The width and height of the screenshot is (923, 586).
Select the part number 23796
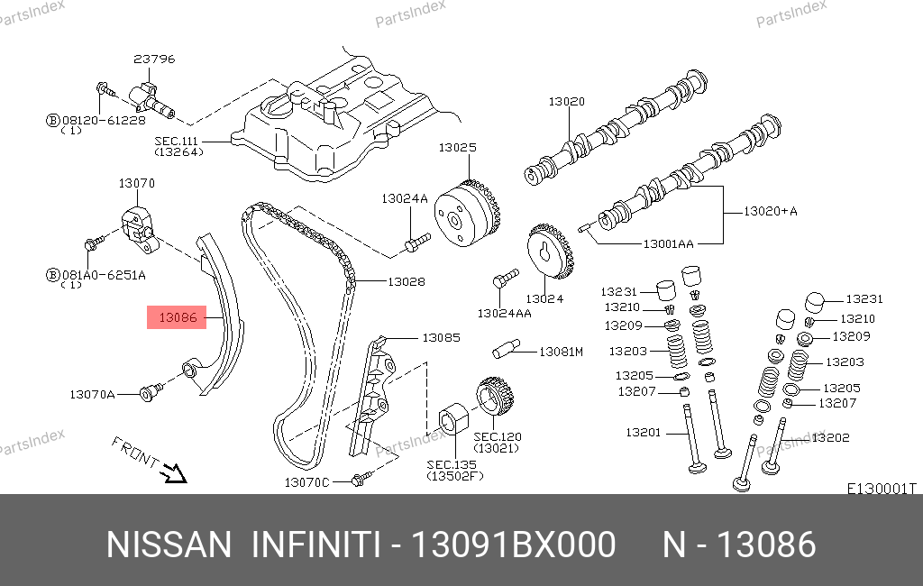154,60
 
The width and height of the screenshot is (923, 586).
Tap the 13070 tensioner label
137,183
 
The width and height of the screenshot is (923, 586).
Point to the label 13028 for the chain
406,282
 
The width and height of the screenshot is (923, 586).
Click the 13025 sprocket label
457,147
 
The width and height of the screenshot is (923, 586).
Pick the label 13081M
561,352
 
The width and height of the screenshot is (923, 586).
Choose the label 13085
441,338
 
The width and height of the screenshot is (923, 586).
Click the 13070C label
307,483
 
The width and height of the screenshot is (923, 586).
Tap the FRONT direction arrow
169,471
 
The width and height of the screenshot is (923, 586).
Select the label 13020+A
771,211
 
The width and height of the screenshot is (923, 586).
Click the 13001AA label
668,243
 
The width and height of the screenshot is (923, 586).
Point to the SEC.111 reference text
177,141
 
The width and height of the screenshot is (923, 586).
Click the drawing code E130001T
881,489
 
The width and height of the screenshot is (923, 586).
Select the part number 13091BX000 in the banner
513,545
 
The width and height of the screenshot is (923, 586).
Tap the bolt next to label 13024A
417,241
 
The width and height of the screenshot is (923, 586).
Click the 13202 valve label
830,438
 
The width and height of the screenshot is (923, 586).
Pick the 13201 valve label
644,433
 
